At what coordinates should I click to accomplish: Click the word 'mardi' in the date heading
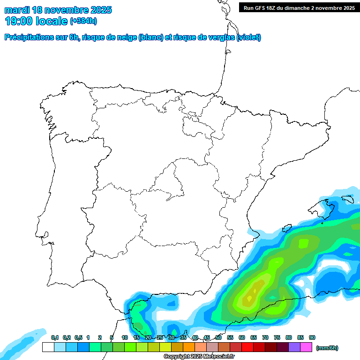[17, 10]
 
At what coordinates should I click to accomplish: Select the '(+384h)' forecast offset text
[83, 21]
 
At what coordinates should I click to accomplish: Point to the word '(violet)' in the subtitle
[249, 37]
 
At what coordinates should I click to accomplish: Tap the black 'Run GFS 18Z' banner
[299, 7]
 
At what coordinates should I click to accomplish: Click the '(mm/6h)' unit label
[327, 348]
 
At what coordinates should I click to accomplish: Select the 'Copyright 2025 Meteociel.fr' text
[199, 357]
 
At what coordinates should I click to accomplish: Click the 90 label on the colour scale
[312, 337]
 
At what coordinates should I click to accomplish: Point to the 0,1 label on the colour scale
[55, 337]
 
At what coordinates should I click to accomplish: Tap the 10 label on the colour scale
[125, 337]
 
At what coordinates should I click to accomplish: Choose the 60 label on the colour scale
[242, 337]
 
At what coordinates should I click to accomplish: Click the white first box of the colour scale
[48, 347]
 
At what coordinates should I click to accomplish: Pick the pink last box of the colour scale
[306, 347]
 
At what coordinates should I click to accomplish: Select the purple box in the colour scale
[294, 347]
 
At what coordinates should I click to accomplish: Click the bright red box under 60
[247, 347]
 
